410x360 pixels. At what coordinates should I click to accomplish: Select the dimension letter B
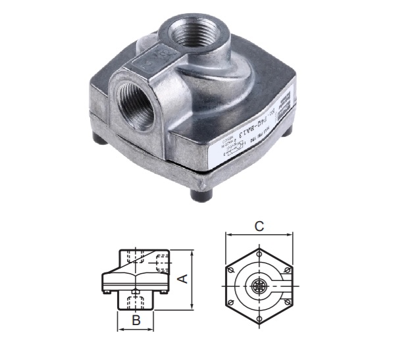[136, 321]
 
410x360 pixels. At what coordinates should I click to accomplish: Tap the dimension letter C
[259, 226]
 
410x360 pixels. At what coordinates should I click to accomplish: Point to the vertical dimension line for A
[191, 279]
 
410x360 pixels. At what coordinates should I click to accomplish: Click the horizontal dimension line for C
[259, 234]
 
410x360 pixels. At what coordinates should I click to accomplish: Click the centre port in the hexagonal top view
[258, 286]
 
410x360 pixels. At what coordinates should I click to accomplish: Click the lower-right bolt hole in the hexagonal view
[288, 302]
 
